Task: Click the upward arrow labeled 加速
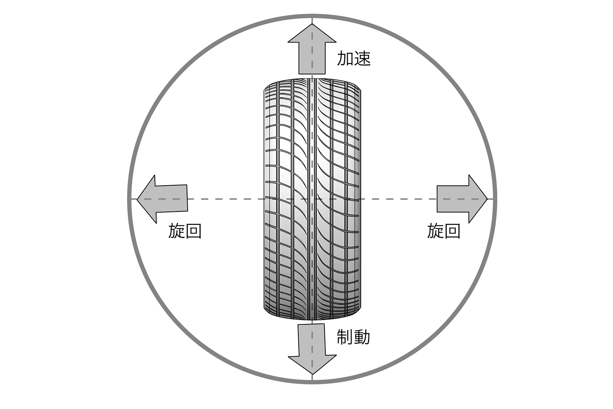(312, 49)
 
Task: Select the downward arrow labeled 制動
(312, 349)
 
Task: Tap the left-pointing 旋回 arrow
(162, 199)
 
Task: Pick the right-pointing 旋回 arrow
(462, 199)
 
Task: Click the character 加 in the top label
(345, 58)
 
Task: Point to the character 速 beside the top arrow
(362, 58)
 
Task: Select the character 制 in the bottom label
(345, 337)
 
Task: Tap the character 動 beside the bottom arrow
(362, 337)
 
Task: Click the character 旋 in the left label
(177, 231)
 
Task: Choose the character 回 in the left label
(193, 231)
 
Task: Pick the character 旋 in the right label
(435, 230)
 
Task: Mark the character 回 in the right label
(452, 231)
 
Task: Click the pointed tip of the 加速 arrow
(312, 24)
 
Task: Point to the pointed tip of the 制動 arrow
(313, 374)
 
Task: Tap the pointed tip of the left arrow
(137, 199)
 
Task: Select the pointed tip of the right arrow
(488, 199)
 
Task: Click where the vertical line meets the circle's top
(312, 16)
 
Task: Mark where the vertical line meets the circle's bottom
(312, 382)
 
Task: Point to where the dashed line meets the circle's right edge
(495, 199)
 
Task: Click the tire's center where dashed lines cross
(312, 199)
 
